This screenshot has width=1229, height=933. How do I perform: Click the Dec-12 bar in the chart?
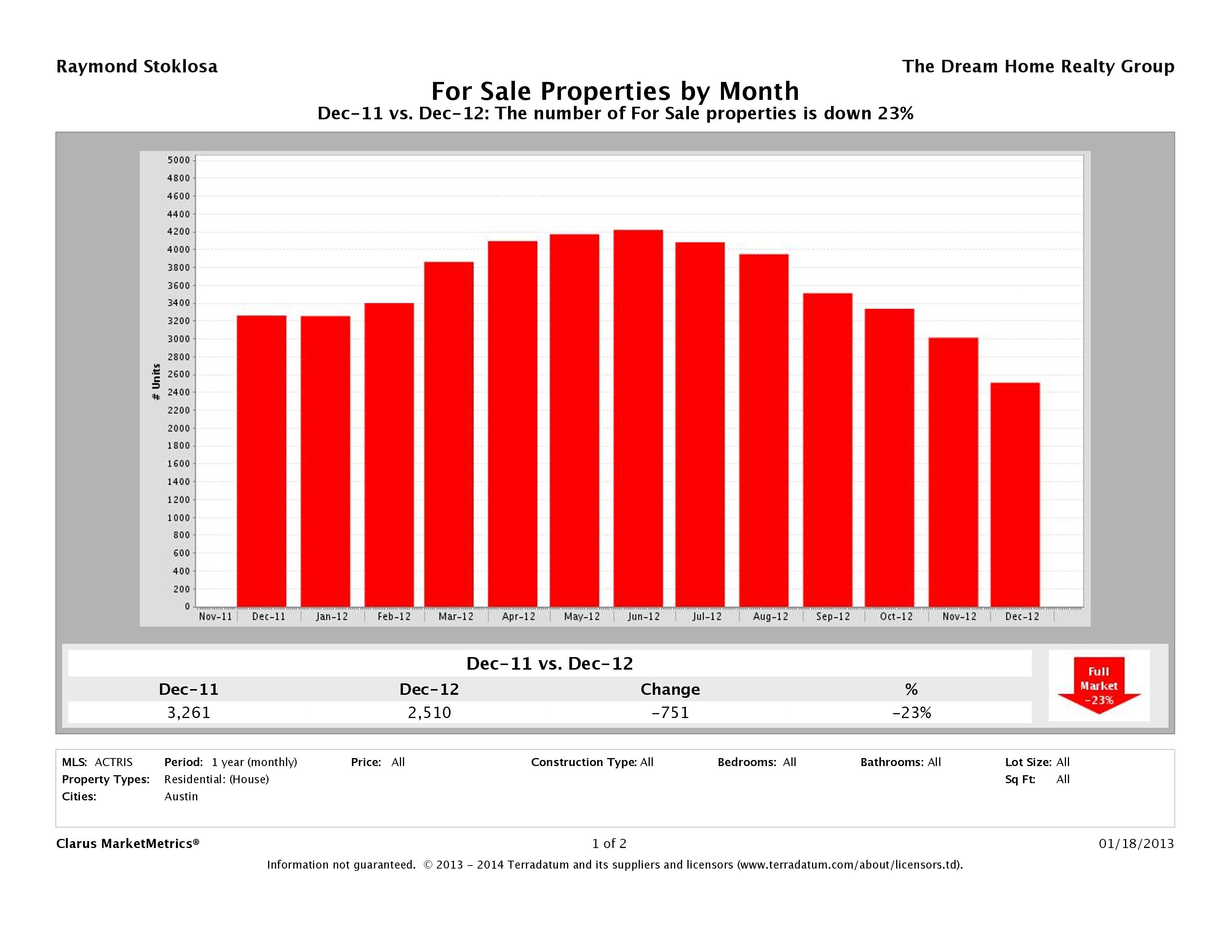[1015, 494]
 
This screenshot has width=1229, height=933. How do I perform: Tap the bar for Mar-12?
[449, 434]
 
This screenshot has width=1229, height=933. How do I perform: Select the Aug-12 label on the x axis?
[770, 617]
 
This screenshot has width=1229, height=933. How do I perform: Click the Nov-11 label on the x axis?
[215, 617]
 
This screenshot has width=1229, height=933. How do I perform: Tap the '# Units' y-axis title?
[156, 382]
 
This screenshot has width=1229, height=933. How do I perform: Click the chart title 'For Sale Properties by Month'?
[615, 91]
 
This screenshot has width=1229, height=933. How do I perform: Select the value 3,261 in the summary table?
[189, 712]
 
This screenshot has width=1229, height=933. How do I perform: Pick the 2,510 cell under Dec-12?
[430, 712]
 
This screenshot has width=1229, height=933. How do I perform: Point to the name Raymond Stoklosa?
[137, 67]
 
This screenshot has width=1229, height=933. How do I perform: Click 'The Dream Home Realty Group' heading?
[1038, 67]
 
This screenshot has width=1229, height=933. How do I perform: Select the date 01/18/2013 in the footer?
[1136, 843]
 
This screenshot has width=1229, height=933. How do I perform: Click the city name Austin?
[181, 796]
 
